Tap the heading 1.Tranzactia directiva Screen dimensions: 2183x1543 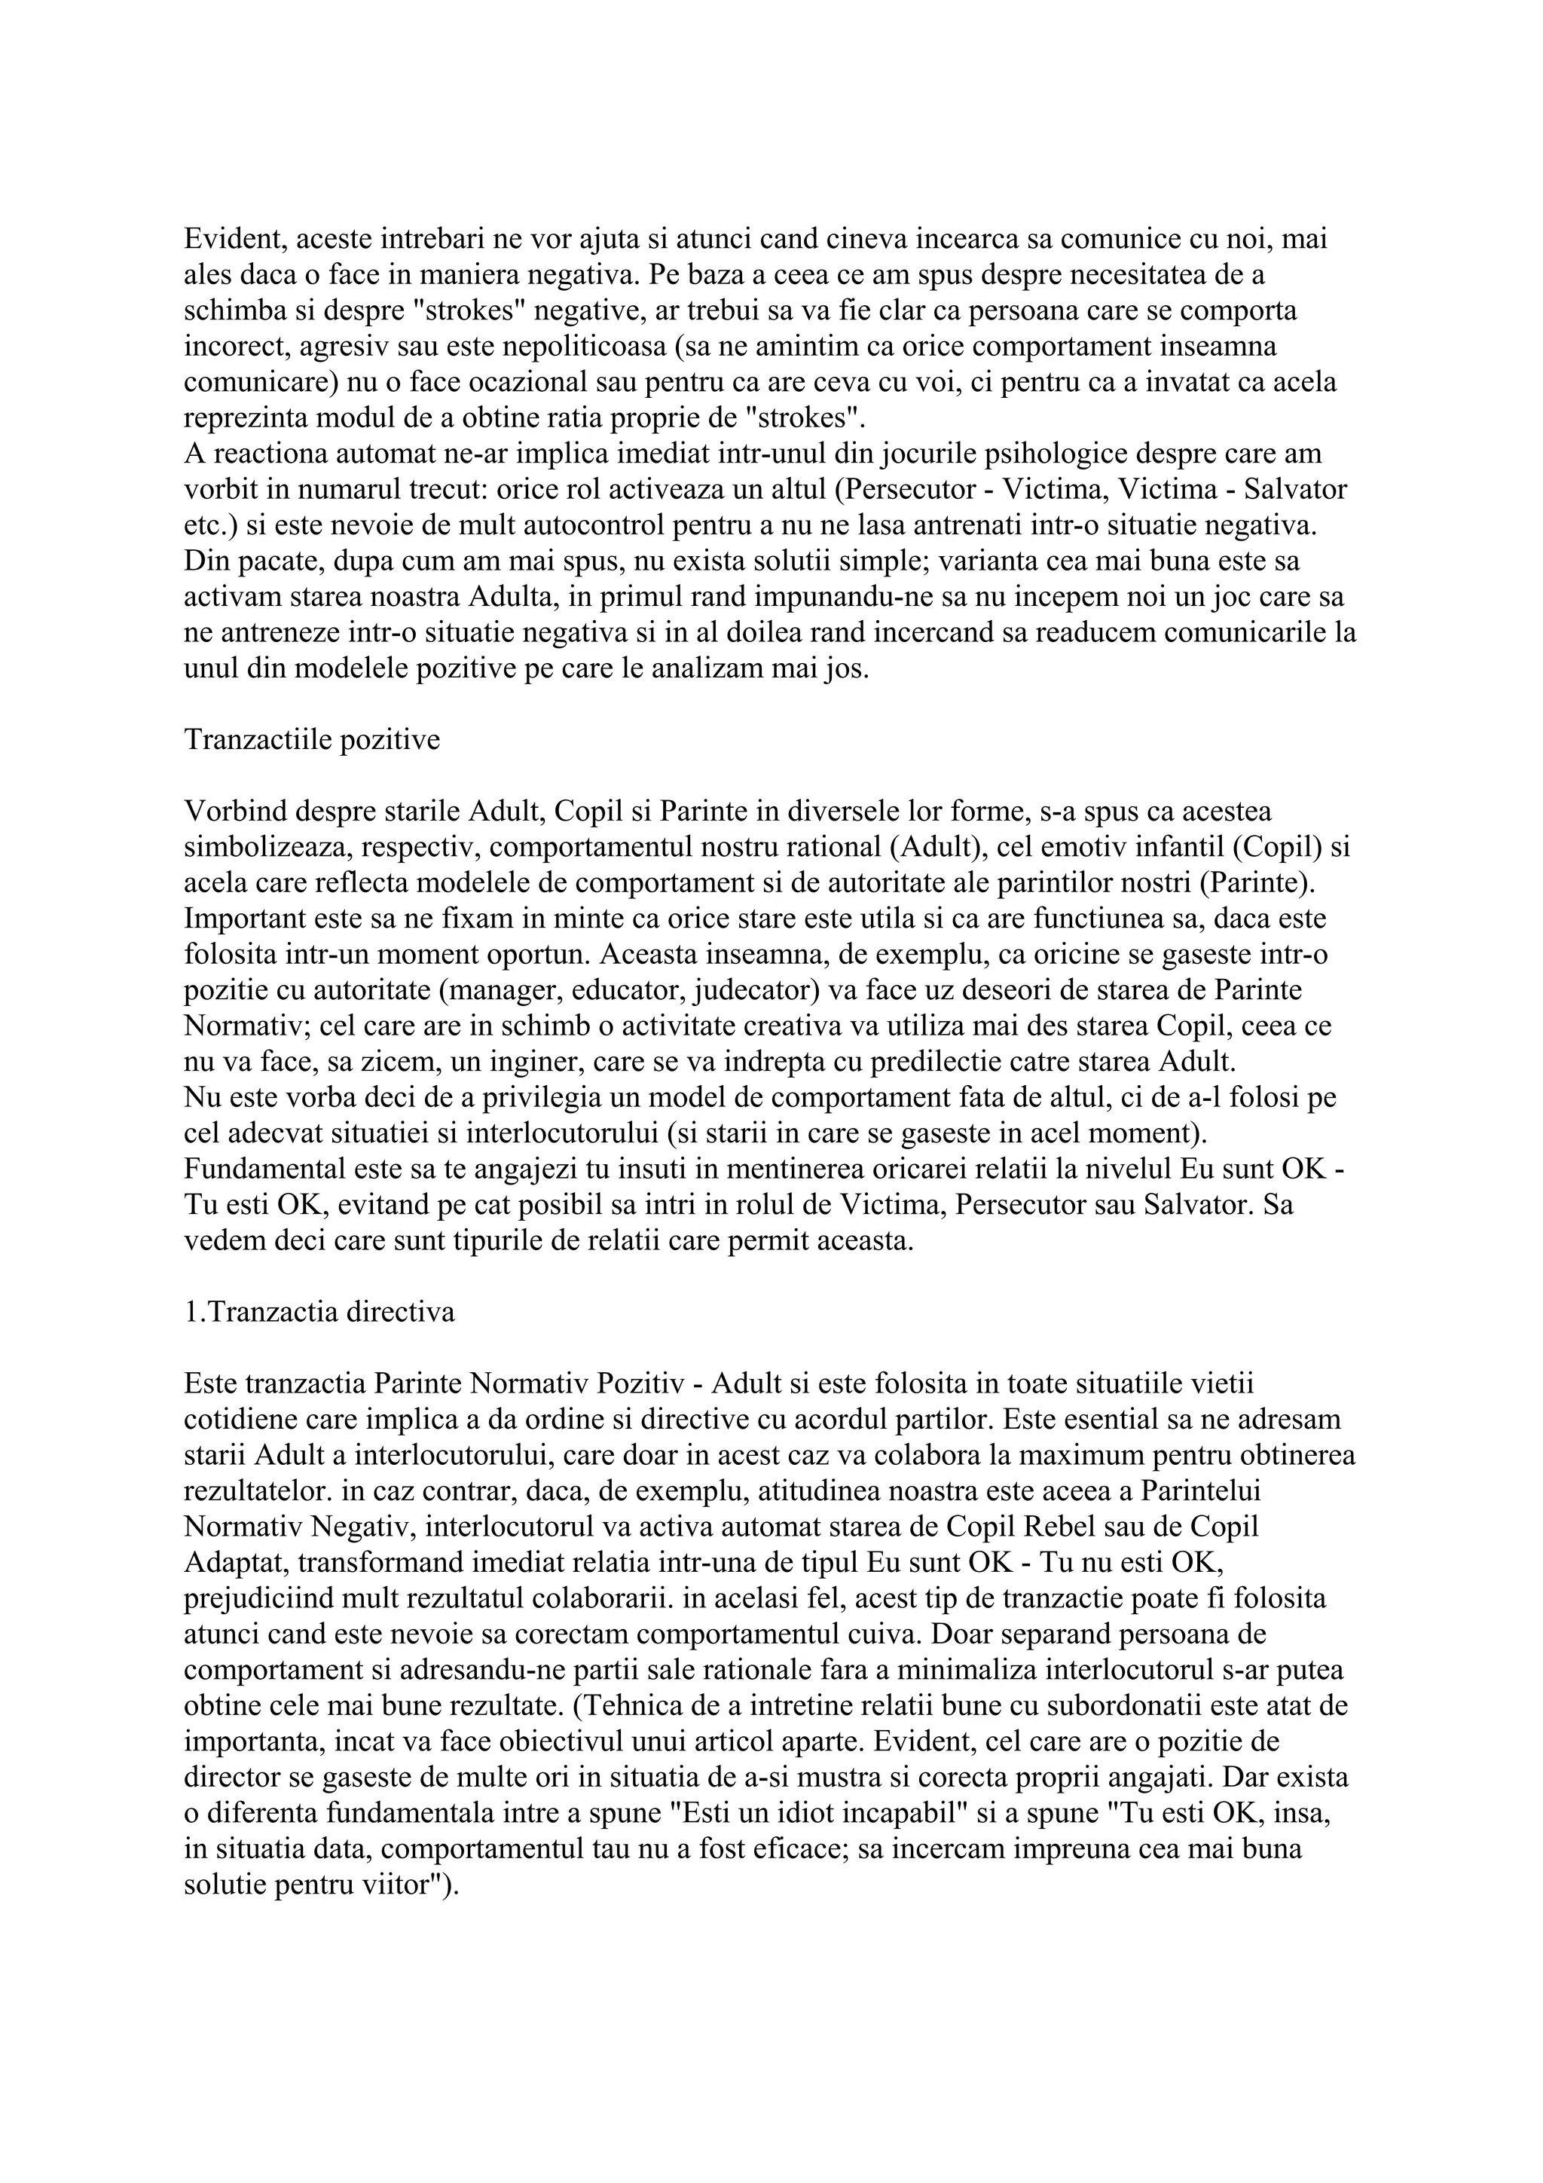(319, 1312)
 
